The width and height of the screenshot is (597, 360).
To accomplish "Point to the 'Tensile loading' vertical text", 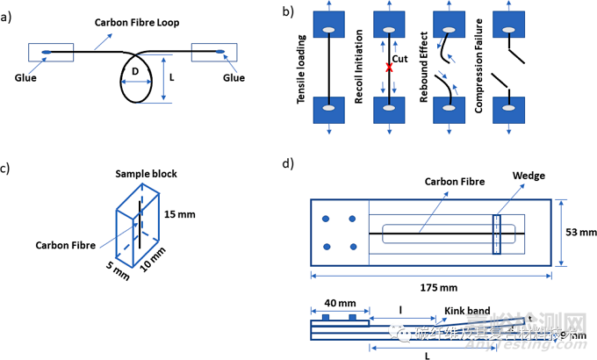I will (301, 65).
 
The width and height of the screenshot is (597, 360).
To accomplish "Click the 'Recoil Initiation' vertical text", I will (358, 65).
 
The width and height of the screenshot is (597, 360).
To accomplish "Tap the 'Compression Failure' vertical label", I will (480, 65).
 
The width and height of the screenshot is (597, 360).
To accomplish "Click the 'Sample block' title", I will (147, 174).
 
